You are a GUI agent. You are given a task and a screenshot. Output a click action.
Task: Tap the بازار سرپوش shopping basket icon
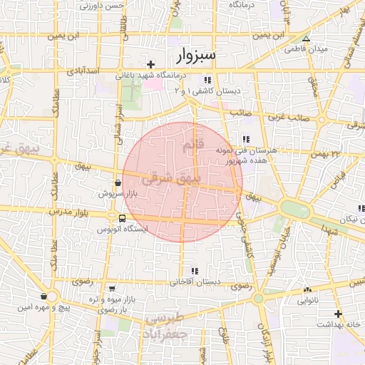coord(117,182)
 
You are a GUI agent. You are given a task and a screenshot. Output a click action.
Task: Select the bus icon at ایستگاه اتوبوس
coord(123,218)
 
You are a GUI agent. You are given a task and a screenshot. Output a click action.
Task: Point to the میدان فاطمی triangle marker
coord(307,39)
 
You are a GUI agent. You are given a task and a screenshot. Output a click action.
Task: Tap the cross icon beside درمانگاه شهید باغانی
coord(151,64)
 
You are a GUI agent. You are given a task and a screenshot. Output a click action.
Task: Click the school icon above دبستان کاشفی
coord(207,81)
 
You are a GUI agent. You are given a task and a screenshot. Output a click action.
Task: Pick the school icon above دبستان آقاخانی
coord(194,271)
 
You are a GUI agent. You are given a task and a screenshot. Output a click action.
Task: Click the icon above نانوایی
coord(307,290)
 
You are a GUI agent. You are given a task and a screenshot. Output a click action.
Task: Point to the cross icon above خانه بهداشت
coord(338,314)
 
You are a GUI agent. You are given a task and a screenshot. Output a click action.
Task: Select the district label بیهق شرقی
coord(172,180)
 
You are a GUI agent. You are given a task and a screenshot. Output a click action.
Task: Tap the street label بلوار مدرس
coord(67,212)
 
